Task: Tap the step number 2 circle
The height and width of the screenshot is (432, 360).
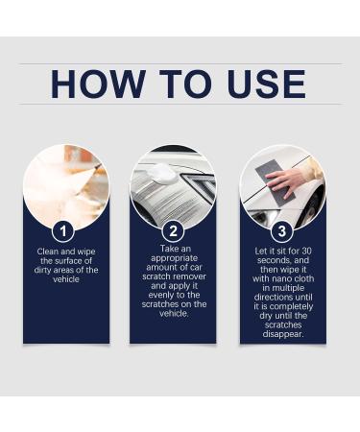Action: coord(174,230)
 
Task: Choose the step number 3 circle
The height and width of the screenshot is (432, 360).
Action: coord(282,230)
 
